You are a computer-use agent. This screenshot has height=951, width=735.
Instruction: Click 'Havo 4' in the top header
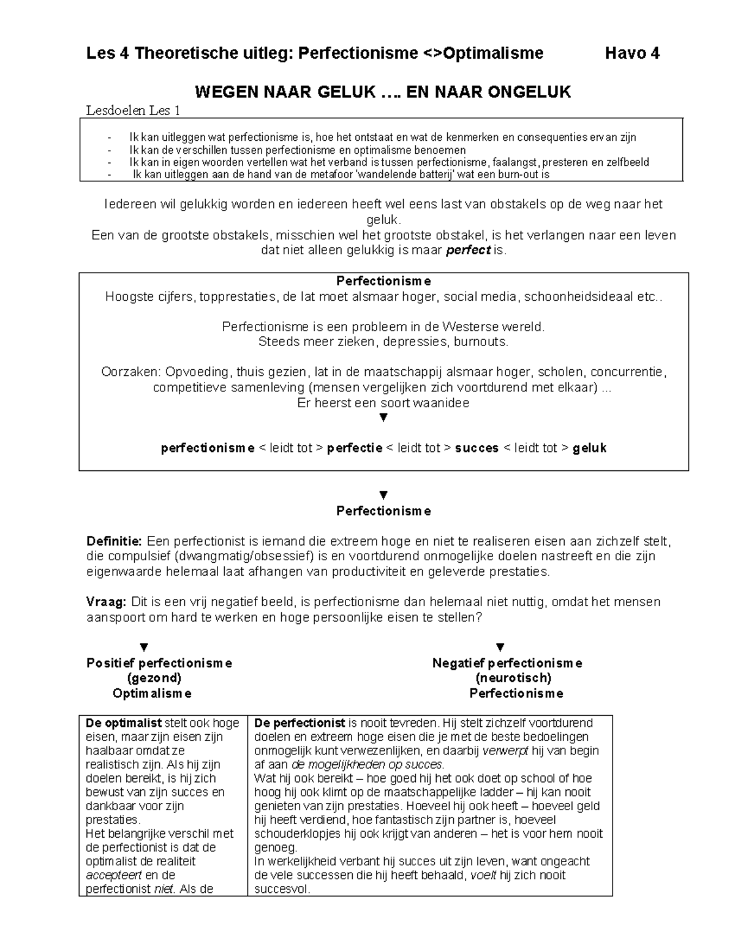click(x=631, y=54)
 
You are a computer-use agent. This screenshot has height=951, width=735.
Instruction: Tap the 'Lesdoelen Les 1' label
click(x=134, y=111)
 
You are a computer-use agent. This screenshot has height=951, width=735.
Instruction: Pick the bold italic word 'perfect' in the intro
click(x=469, y=250)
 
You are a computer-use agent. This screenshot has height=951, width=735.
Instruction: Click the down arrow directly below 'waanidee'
click(x=383, y=418)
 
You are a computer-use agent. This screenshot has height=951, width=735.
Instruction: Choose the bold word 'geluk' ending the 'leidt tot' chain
click(x=589, y=448)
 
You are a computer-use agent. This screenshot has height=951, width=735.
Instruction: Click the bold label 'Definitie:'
click(x=114, y=541)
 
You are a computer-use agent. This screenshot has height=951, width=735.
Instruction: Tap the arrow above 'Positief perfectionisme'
click(x=144, y=647)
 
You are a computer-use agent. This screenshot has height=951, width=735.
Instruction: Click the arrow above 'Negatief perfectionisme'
click(x=500, y=647)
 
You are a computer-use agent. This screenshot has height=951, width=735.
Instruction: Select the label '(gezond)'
click(x=154, y=678)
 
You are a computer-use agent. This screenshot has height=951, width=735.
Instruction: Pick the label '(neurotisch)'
click(x=513, y=678)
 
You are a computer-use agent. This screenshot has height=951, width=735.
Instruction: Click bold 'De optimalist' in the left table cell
click(x=124, y=723)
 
